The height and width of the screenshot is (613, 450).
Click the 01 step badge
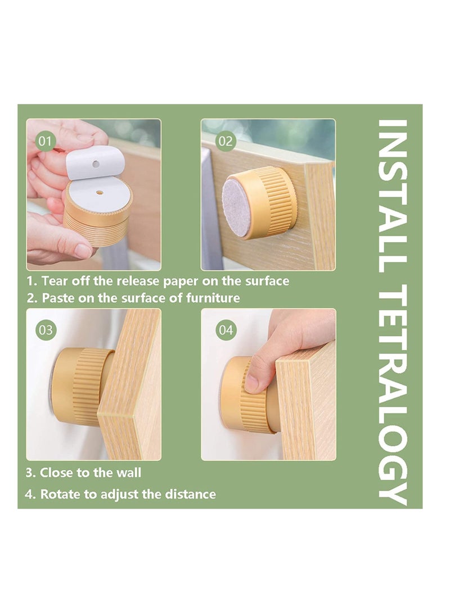point(46,140)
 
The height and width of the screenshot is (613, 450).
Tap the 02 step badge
point(225,140)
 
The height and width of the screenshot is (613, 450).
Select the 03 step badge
point(46,330)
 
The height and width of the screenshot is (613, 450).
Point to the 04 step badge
point(225,330)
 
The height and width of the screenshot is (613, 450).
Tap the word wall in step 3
point(129,473)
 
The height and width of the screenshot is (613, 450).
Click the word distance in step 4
point(190,494)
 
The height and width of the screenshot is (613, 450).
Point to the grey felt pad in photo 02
point(236,207)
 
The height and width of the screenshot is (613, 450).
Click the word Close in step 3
point(55,473)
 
